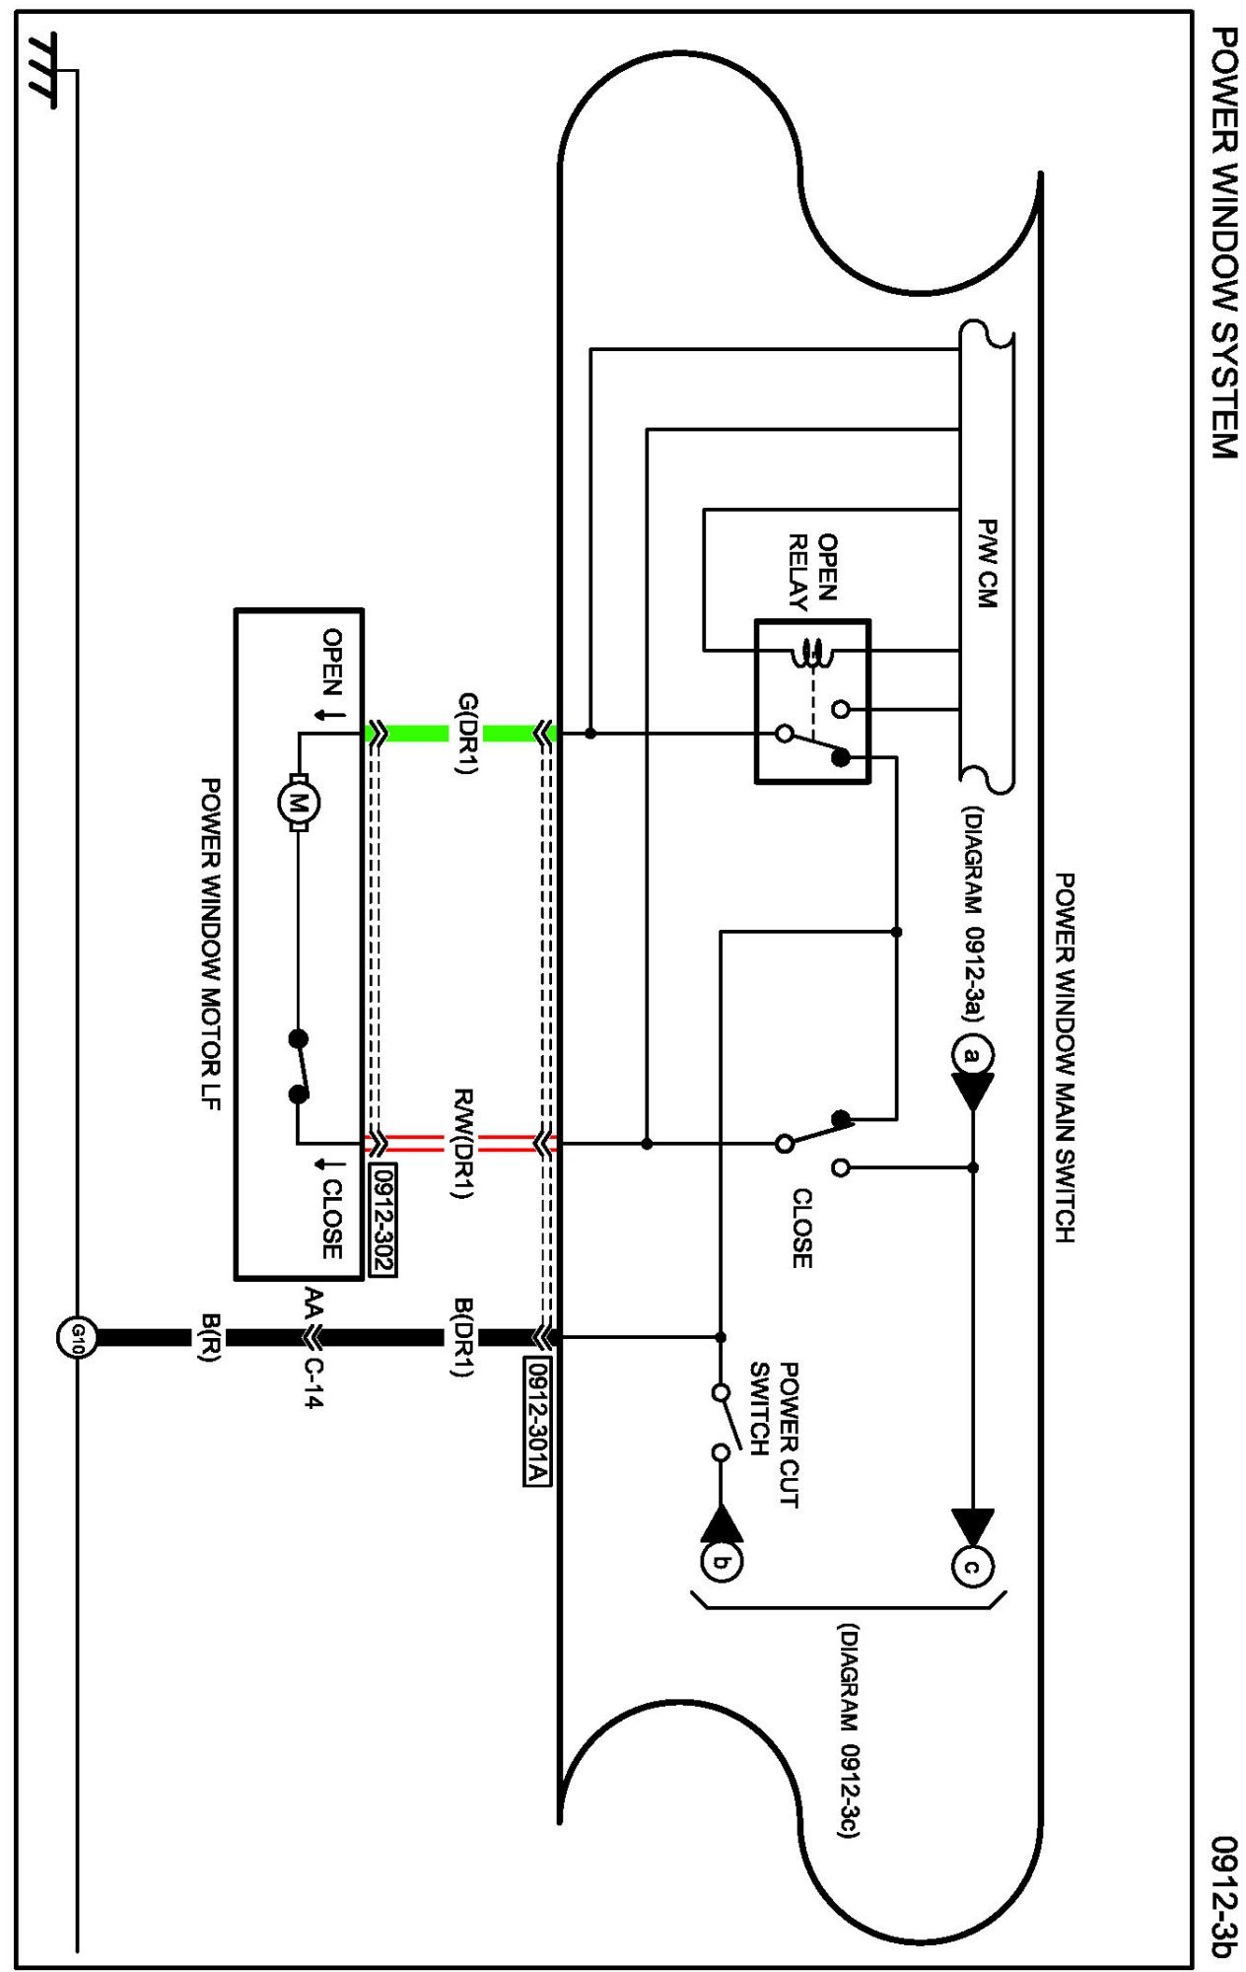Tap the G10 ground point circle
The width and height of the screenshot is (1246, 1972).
(x=76, y=1337)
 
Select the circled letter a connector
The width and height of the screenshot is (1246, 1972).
(x=972, y=1056)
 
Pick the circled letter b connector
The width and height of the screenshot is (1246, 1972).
(x=722, y=1562)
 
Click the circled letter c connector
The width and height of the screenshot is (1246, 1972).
(x=972, y=1566)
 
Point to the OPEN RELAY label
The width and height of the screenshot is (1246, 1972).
(x=813, y=571)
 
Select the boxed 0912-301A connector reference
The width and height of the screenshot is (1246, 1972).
(x=537, y=1421)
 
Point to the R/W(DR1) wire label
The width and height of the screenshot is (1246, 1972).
(x=464, y=1143)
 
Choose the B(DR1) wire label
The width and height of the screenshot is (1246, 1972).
(x=464, y=1337)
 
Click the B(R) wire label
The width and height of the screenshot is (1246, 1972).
(x=210, y=1337)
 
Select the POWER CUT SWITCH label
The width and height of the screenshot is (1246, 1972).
(x=774, y=1434)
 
